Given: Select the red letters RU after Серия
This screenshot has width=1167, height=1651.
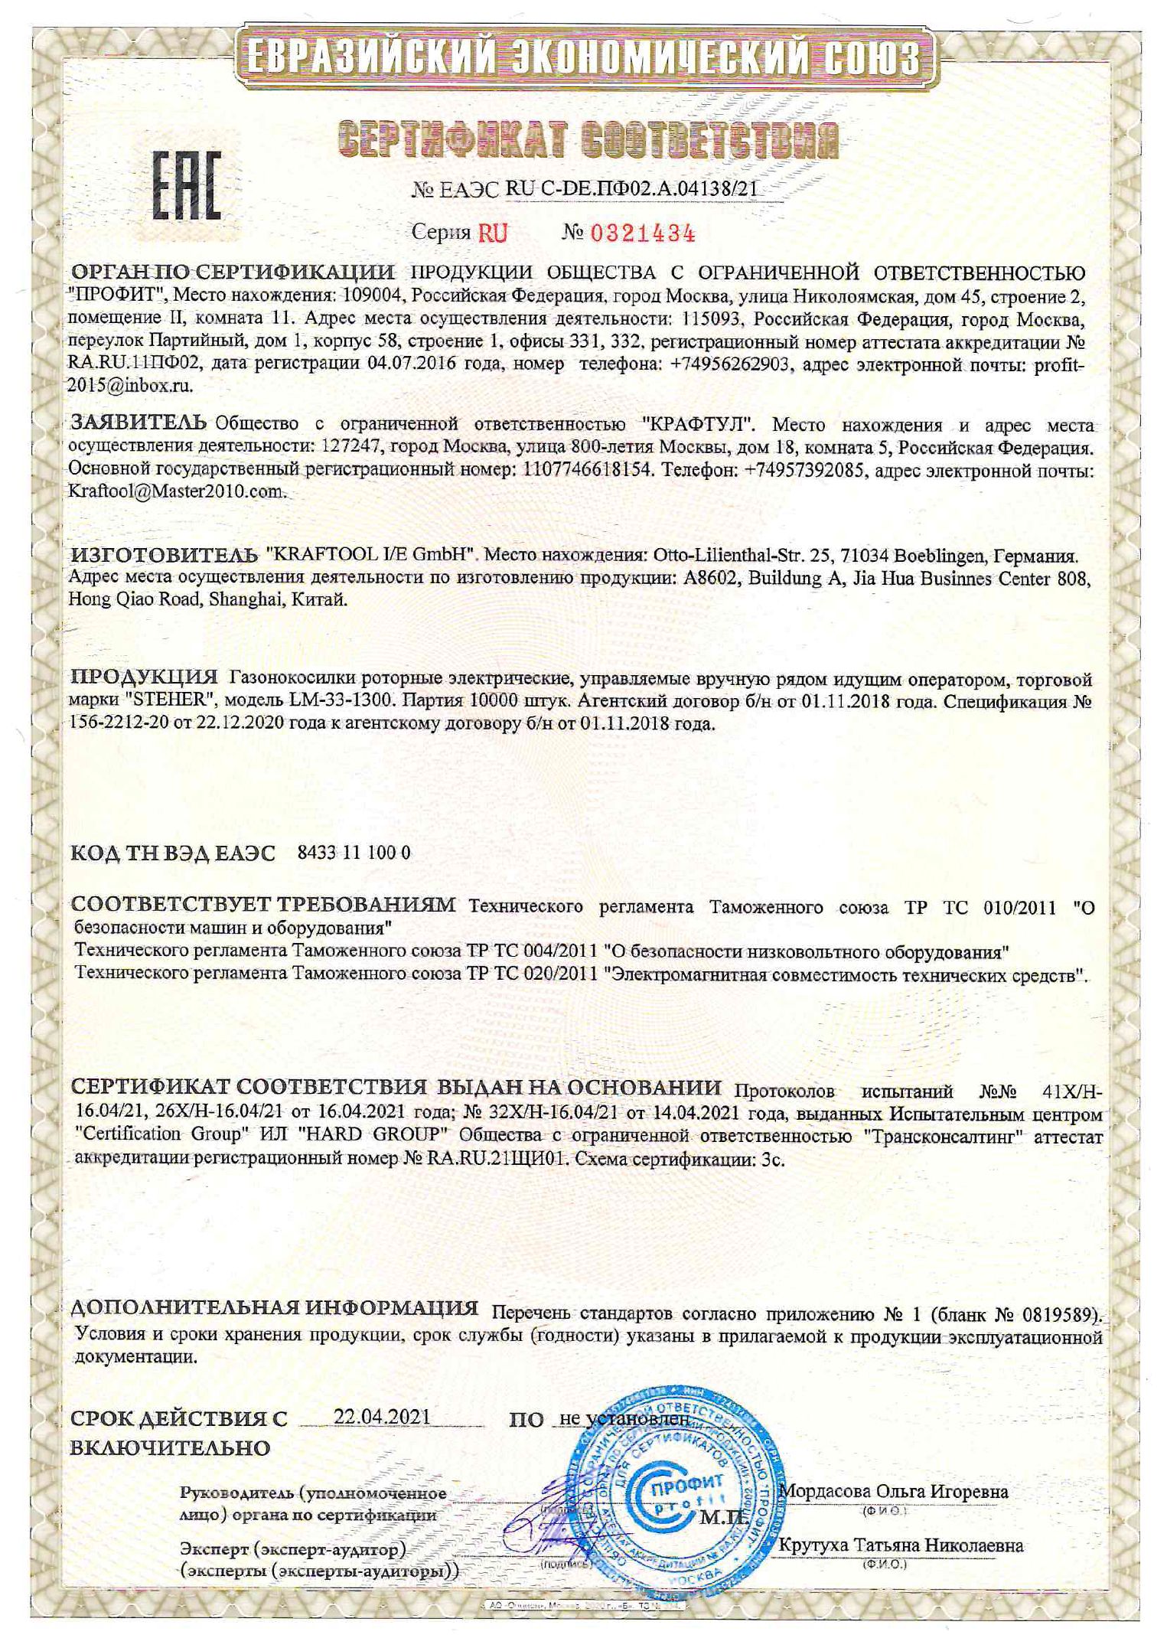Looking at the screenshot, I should (493, 233).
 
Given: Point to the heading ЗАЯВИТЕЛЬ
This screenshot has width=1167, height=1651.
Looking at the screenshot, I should (138, 422).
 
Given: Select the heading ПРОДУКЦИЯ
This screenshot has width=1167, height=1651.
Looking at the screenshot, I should (144, 678).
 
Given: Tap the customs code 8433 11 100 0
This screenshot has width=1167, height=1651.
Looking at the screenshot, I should (353, 853).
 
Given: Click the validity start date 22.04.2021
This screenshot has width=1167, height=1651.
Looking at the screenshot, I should (383, 1416).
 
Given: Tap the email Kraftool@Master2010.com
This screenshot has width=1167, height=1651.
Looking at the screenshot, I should (177, 491).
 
